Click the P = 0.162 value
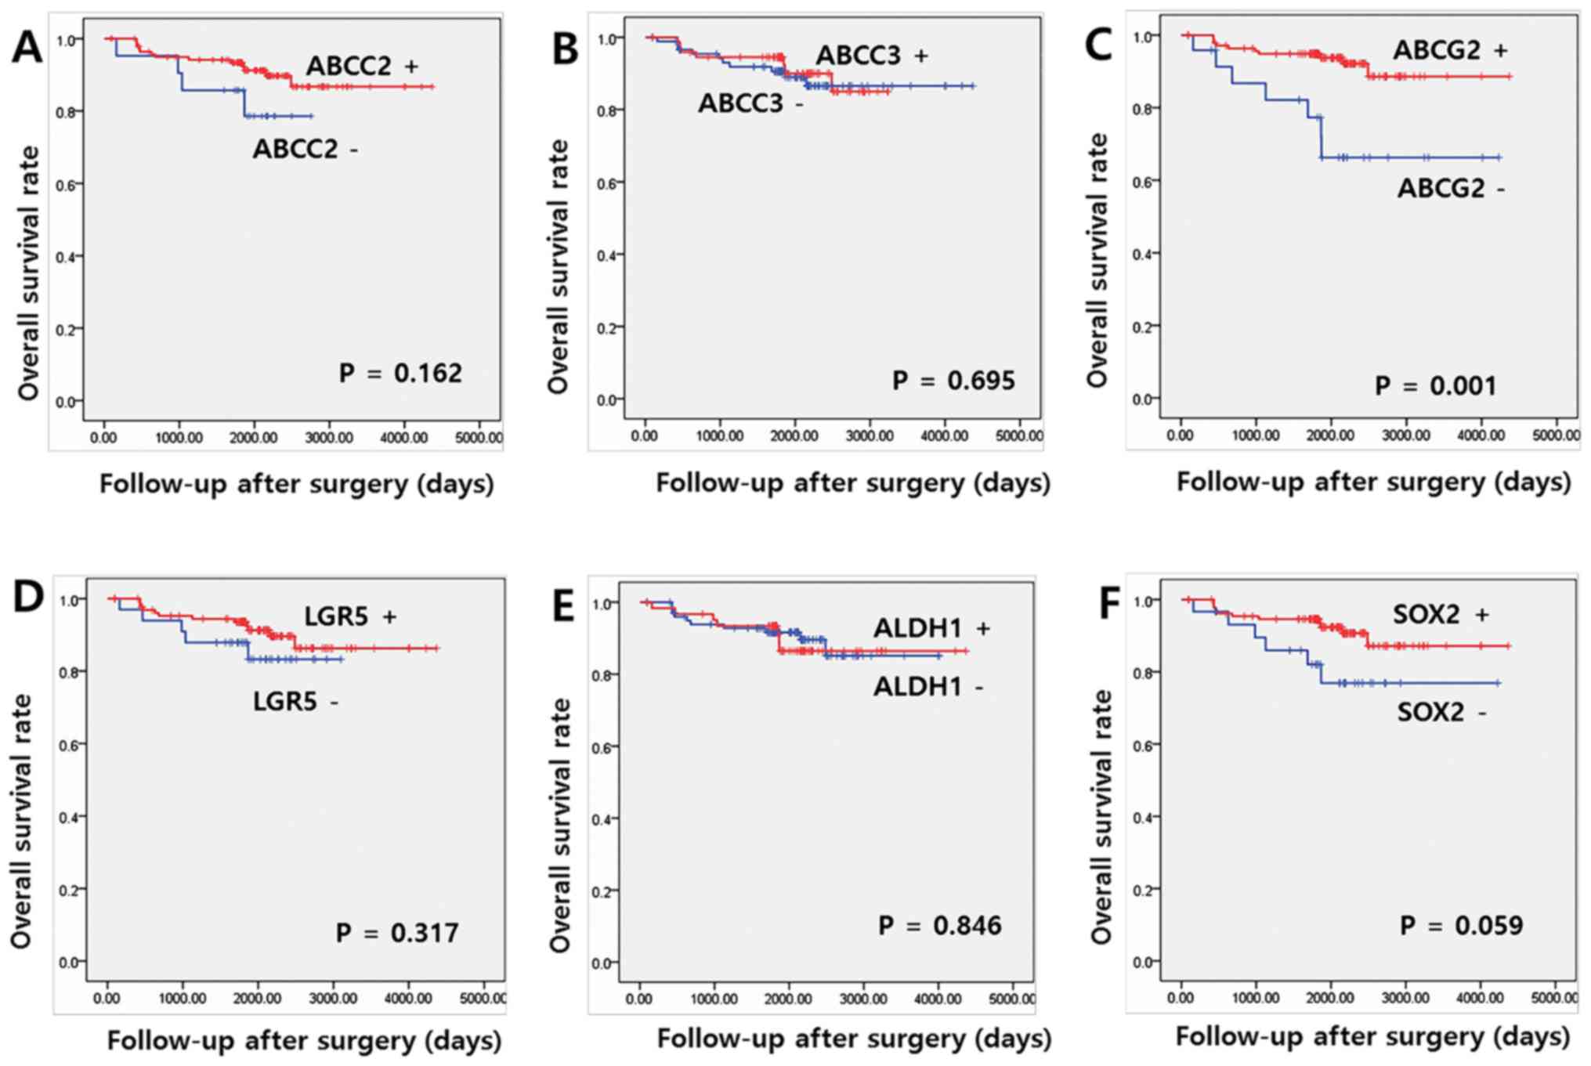(400, 373)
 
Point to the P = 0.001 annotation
(1435, 386)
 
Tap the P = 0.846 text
(939, 926)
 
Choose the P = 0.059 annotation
(1461, 926)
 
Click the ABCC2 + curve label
(361, 66)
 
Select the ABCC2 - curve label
(305, 149)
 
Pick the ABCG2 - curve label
(1451, 189)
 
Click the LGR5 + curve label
(350, 616)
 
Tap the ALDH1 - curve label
(928, 687)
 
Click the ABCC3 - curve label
(750, 103)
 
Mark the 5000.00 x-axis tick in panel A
(479, 438)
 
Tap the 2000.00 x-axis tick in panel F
(1330, 998)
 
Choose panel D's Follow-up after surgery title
(304, 1041)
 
